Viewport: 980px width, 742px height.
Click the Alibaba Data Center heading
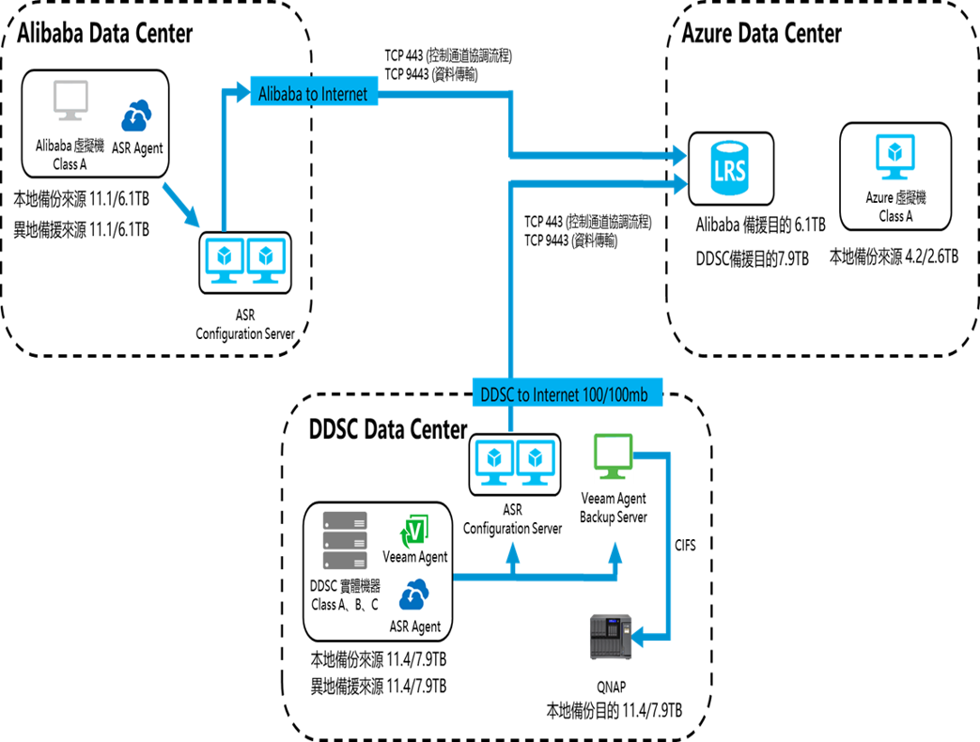click(x=104, y=34)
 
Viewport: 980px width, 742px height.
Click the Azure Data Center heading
click(x=761, y=34)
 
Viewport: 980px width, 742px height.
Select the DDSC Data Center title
click(x=388, y=430)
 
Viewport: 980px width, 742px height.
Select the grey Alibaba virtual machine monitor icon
click(x=71, y=103)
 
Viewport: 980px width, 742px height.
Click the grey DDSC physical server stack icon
click(x=345, y=541)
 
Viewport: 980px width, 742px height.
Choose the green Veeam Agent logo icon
click(x=414, y=533)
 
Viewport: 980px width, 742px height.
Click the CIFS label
click(x=686, y=545)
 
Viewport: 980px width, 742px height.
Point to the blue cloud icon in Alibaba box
click(x=136, y=116)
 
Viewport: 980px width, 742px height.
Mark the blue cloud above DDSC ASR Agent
click(x=414, y=595)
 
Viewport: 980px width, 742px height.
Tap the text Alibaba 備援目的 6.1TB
click(x=760, y=225)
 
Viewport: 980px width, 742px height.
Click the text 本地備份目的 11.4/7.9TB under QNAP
click(x=614, y=708)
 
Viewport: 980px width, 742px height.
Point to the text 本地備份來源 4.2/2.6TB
click(x=894, y=255)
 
